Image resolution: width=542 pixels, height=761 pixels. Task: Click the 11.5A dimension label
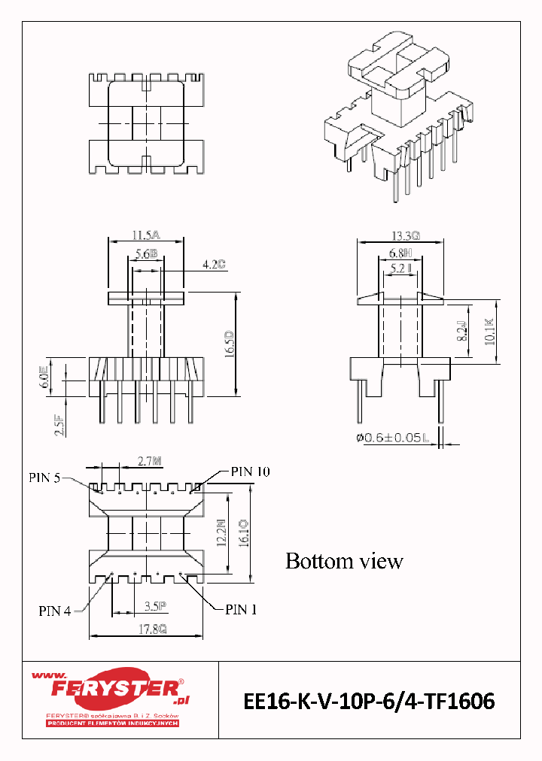pos(146,235)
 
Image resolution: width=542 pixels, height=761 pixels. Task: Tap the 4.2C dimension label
pos(215,265)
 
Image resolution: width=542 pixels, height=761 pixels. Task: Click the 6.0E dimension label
pos(44,377)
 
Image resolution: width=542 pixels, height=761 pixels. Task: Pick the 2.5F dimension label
pos(56,426)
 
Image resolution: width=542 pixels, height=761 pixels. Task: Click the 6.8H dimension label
pos(400,253)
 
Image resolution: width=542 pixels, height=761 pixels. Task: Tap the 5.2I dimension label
pos(400,267)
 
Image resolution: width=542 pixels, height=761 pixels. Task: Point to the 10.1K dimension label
pos(489,332)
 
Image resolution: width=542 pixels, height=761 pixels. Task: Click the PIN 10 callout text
pos(250,471)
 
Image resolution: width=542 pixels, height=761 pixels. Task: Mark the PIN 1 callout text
pos(241,610)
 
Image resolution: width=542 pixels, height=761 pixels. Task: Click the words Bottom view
pos(344,561)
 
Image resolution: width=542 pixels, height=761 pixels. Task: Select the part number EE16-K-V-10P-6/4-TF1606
pos(369,702)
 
